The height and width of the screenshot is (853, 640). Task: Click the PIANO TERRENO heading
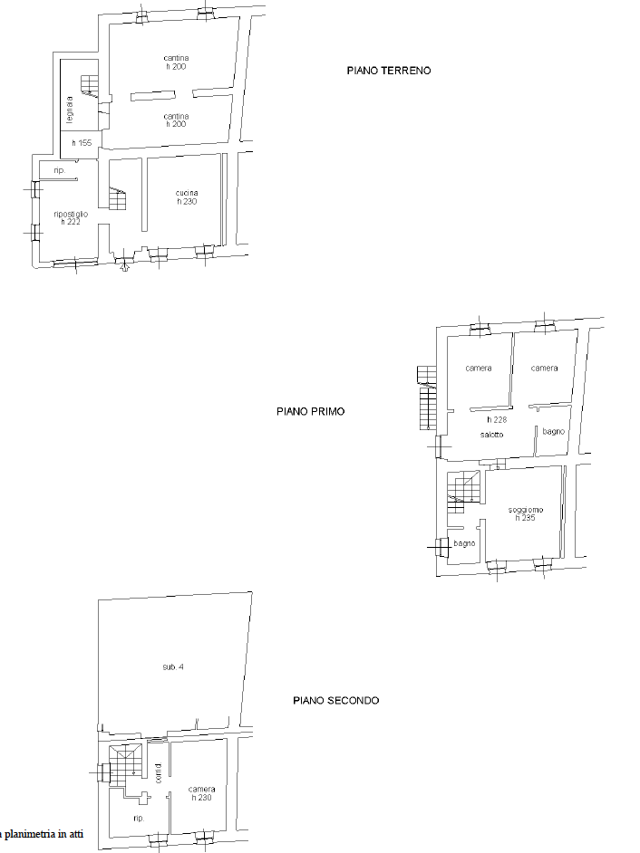pyautogui.click(x=389, y=70)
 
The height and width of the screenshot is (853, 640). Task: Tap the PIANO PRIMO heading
pyautogui.click(x=310, y=411)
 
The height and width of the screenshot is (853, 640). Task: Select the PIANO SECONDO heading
pyautogui.click(x=336, y=700)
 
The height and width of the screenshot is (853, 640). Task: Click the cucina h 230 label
pyautogui.click(x=187, y=196)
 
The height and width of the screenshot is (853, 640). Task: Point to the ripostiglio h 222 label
pyautogui.click(x=71, y=217)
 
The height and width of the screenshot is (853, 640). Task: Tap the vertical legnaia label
pyautogui.click(x=69, y=110)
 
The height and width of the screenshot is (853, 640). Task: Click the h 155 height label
pyautogui.click(x=82, y=143)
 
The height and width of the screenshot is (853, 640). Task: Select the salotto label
pyautogui.click(x=492, y=434)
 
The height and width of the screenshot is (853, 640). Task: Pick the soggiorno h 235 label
pyautogui.click(x=526, y=513)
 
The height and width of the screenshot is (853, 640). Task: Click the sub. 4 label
pyautogui.click(x=172, y=666)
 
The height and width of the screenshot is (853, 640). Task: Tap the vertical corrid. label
pyautogui.click(x=159, y=773)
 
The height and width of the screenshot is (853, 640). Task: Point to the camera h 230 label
pyautogui.click(x=201, y=793)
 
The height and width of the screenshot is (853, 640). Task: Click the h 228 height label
pyautogui.click(x=497, y=419)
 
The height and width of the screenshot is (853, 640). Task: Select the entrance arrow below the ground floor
pyautogui.click(x=124, y=266)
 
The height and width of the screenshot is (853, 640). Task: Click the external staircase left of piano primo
pyautogui.click(x=427, y=398)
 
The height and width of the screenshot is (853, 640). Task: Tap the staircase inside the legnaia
pyautogui.click(x=90, y=87)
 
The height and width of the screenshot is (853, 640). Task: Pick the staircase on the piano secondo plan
pyautogui.click(x=125, y=765)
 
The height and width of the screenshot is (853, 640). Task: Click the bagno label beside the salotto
pyautogui.click(x=553, y=431)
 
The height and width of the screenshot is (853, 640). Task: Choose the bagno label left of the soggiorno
pyautogui.click(x=465, y=543)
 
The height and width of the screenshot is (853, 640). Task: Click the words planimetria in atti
pyautogui.click(x=44, y=834)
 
